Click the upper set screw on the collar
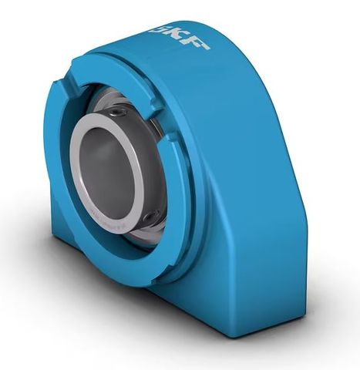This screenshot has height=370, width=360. pyautogui.click(x=118, y=113)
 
